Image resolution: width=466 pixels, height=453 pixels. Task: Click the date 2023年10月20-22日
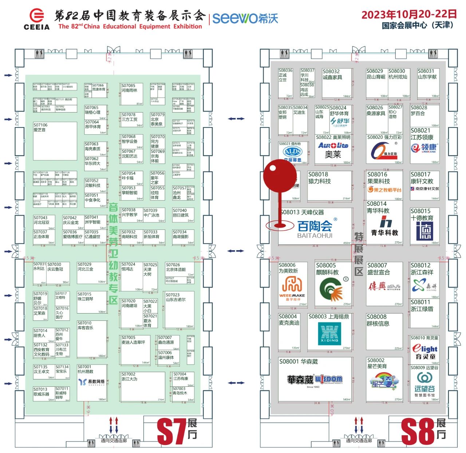click(409, 15)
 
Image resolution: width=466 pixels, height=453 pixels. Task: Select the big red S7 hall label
click(172, 432)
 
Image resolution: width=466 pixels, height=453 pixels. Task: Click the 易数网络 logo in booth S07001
click(92, 382)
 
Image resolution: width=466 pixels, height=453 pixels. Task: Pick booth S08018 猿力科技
click(329, 186)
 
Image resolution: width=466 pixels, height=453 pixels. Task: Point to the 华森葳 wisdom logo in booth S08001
click(315, 380)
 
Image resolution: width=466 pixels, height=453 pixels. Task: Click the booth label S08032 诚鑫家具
click(332, 74)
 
